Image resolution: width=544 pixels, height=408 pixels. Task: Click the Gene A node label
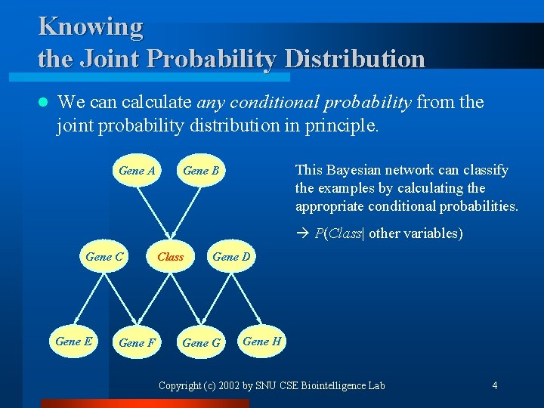pyautogui.click(x=137, y=171)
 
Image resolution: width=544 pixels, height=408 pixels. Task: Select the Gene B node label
pyautogui.click(x=201, y=171)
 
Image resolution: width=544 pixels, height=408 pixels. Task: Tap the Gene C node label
pyautogui.click(x=104, y=257)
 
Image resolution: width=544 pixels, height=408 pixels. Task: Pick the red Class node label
pyautogui.click(x=170, y=257)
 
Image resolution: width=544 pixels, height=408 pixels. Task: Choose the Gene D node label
pyautogui.click(x=231, y=257)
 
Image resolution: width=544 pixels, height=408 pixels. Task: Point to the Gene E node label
pyautogui.click(x=74, y=342)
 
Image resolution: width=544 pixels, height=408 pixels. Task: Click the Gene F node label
pyautogui.click(x=137, y=343)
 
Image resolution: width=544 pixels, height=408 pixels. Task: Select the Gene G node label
pyautogui.click(x=201, y=343)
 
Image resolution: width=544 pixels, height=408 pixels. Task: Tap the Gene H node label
pyautogui.click(x=261, y=342)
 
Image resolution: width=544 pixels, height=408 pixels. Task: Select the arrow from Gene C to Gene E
pyautogui.click(x=89, y=299)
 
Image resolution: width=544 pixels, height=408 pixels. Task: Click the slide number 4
pyautogui.click(x=494, y=385)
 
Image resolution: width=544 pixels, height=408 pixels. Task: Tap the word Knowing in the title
pyautogui.click(x=90, y=26)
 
